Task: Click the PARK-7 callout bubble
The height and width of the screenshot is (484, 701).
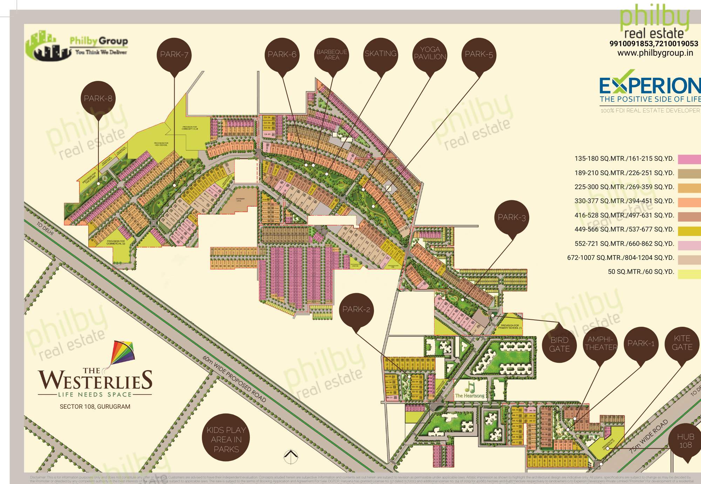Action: (174, 55)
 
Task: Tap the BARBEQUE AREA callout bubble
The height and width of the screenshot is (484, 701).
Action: (332, 55)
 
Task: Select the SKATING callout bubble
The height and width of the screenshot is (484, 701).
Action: (381, 54)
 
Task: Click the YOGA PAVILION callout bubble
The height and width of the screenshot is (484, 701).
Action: (430, 54)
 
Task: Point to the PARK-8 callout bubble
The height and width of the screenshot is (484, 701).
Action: (98, 98)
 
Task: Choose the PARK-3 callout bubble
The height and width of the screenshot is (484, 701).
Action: (512, 217)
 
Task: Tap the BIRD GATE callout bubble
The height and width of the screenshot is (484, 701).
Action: (559, 345)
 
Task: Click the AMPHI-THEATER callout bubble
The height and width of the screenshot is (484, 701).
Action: (601, 344)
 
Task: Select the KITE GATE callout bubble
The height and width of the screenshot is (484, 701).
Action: (682, 343)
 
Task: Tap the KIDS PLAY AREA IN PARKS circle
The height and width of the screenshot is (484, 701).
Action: (226, 439)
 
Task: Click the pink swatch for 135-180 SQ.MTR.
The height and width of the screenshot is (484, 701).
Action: (689, 159)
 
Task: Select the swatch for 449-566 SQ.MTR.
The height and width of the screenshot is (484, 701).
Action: (689, 231)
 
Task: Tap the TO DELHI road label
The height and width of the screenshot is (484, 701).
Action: (45, 228)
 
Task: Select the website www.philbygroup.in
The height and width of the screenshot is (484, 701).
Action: (655, 53)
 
